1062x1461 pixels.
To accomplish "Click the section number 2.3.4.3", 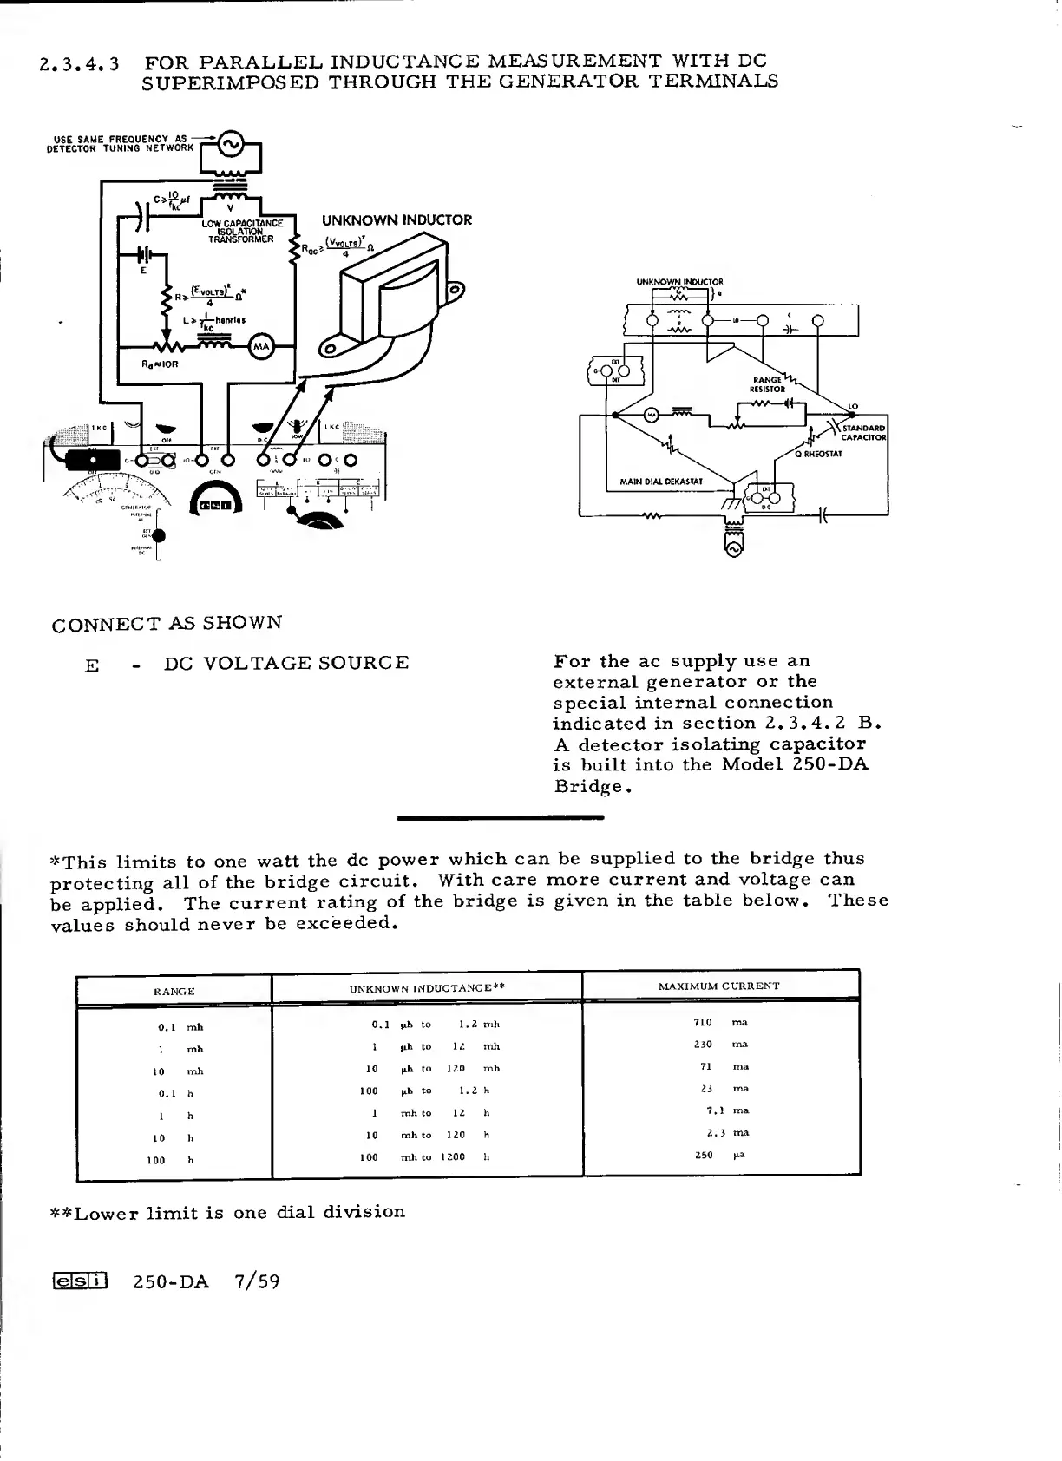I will pyautogui.click(x=80, y=64).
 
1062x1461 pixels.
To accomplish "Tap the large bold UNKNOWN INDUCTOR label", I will pyautogui.click(x=397, y=220).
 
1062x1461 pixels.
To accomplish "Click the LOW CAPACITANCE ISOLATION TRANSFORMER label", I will pyautogui.click(x=242, y=232).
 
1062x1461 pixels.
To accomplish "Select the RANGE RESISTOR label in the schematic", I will pyautogui.click(x=769, y=384).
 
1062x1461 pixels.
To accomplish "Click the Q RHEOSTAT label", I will pyautogui.click(x=818, y=454).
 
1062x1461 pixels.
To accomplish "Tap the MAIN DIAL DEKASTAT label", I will pyautogui.click(x=661, y=481).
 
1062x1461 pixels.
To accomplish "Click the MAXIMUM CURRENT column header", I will pyautogui.click(x=719, y=986).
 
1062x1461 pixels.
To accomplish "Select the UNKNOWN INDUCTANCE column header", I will pyautogui.click(x=427, y=988).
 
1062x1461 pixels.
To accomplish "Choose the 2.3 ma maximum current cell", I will pyautogui.click(x=728, y=1132).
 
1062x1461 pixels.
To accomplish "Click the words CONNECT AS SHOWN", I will pyautogui.click(x=167, y=624).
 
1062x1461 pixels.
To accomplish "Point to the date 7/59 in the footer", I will pyautogui.click(x=257, y=1282).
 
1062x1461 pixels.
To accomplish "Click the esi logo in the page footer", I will pyautogui.click(x=80, y=1281).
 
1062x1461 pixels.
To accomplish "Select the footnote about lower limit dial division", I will pyautogui.click(x=228, y=1212).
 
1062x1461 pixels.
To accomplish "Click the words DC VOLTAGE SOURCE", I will pyautogui.click(x=286, y=664).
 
